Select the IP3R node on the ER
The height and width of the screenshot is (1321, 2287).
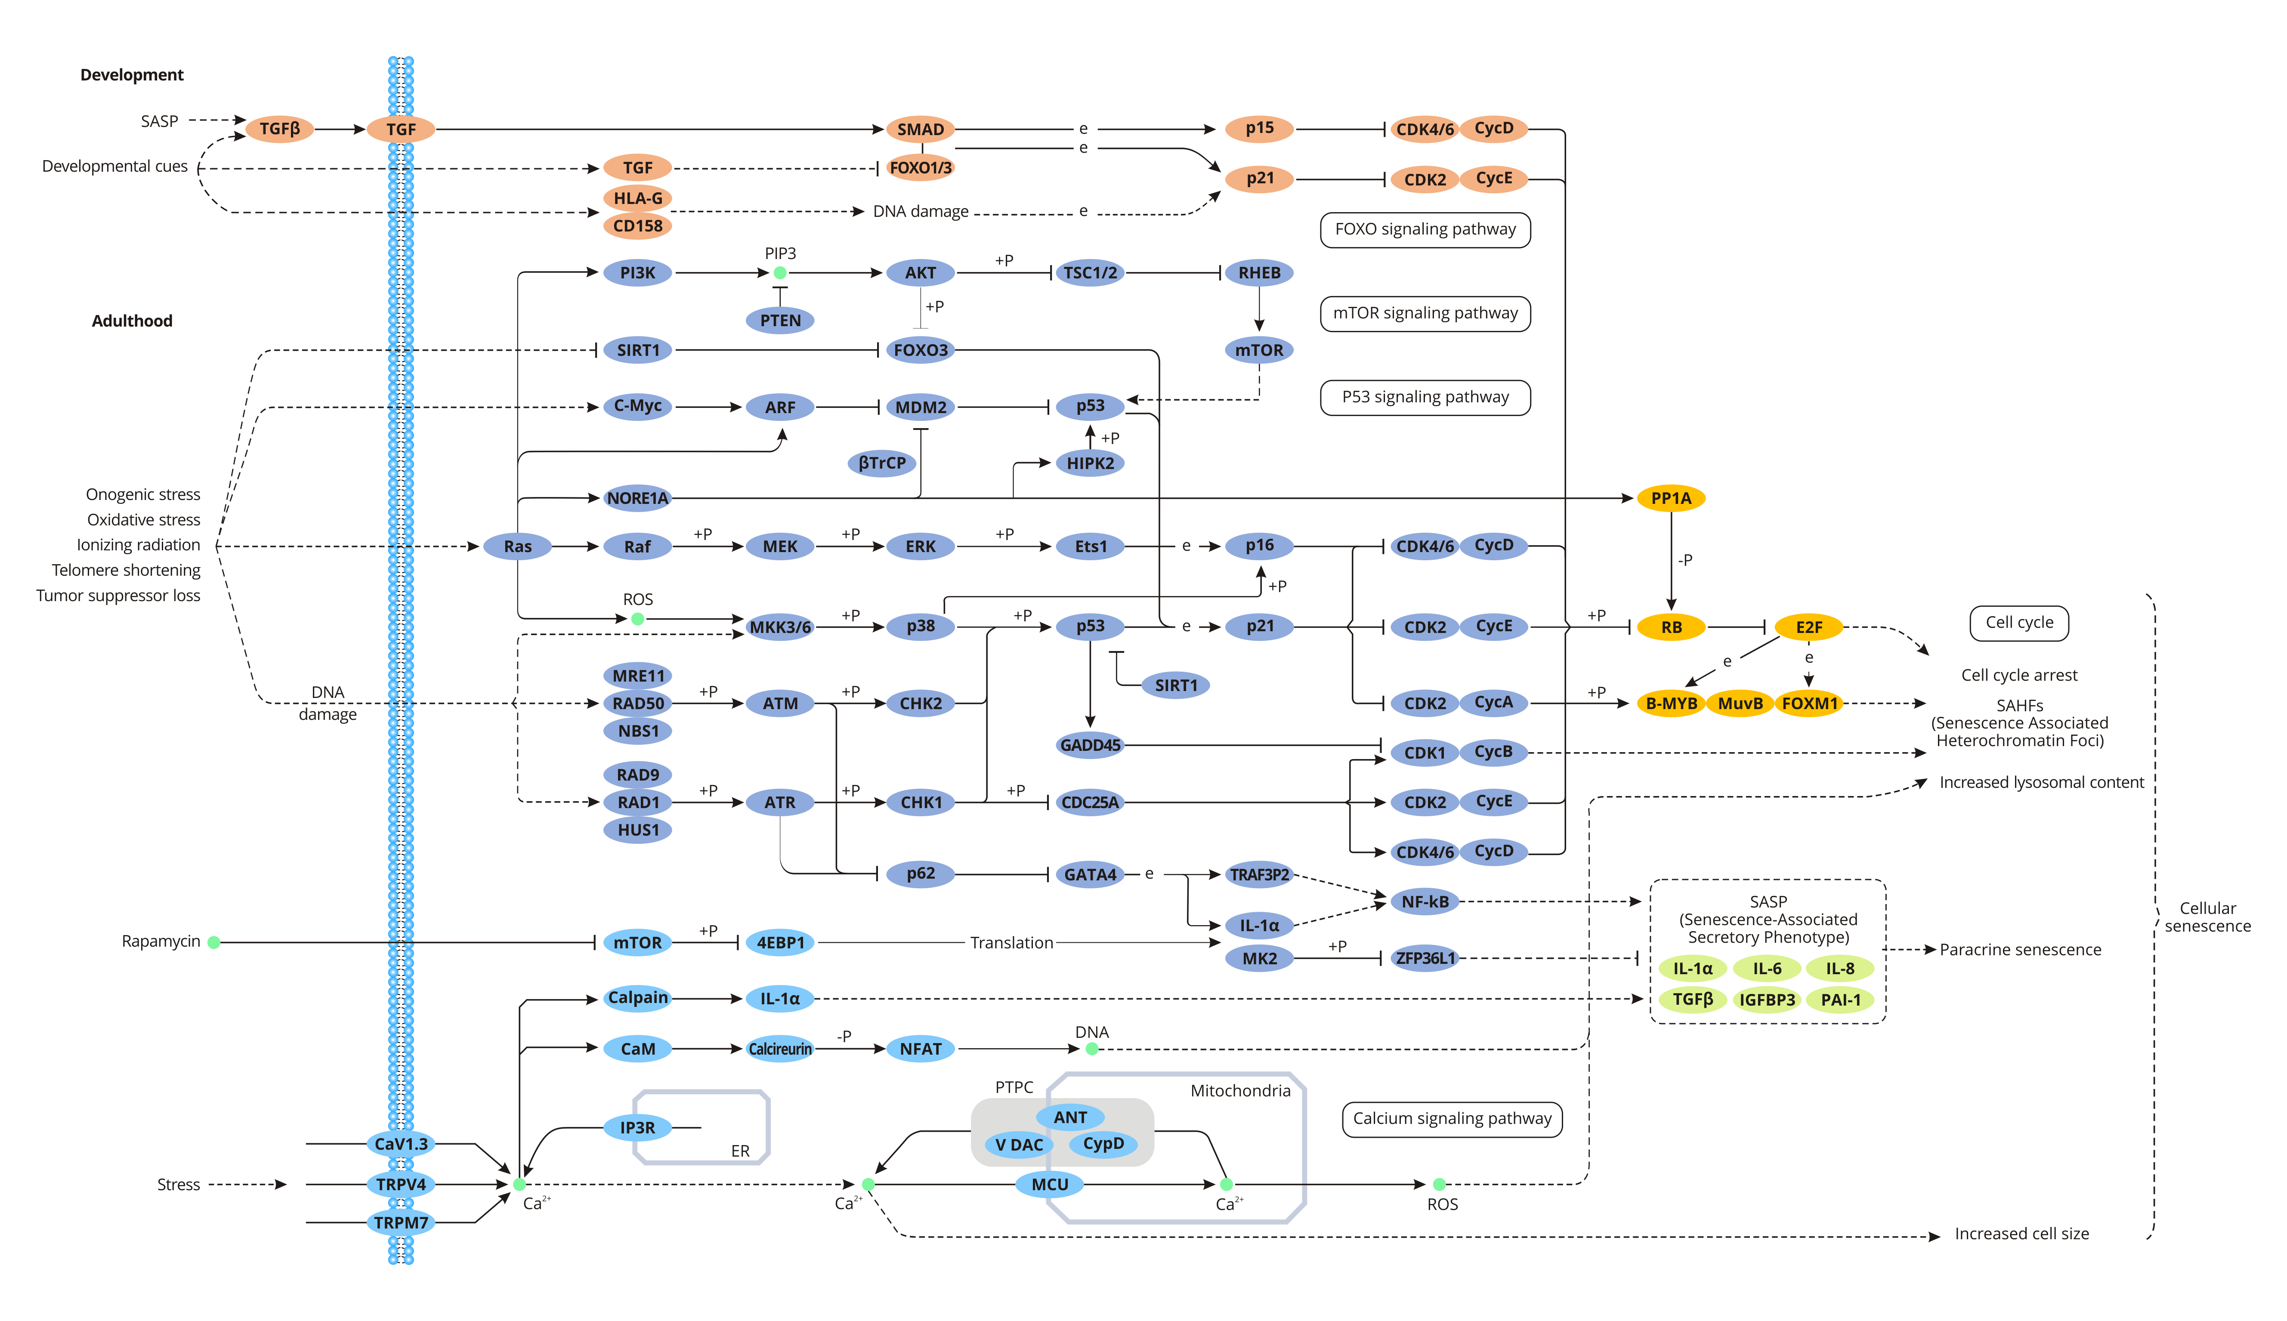coord(638,1128)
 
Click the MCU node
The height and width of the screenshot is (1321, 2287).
coord(1050,1184)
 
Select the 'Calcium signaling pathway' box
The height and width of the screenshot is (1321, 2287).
coord(1452,1119)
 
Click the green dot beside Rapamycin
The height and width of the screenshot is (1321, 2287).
coord(214,943)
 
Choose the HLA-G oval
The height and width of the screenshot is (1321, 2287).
coord(638,198)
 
